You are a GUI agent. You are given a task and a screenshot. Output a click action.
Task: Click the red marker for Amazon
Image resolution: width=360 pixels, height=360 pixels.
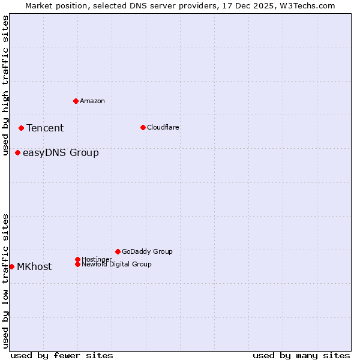(x=76, y=101)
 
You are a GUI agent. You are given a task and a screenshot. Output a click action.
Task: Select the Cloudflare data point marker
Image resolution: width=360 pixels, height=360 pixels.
(x=143, y=127)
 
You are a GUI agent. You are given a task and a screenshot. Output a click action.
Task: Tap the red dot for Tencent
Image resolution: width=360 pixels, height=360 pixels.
(x=21, y=128)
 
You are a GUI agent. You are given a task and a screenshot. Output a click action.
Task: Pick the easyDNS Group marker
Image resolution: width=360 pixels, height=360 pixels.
(x=18, y=152)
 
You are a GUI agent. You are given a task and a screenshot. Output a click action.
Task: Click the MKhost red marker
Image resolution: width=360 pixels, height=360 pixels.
(x=11, y=266)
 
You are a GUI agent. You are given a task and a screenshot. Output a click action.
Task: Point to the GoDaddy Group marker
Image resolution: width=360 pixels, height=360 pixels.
(x=118, y=251)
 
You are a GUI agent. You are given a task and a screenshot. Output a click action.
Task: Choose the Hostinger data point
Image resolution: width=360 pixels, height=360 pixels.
(x=77, y=259)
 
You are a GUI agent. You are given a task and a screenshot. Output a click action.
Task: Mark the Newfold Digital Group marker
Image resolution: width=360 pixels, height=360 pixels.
(x=77, y=264)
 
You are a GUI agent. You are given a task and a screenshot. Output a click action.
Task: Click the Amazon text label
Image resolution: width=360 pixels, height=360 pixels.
(x=92, y=101)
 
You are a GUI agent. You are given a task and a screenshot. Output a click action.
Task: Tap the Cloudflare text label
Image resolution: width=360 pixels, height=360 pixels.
(x=163, y=127)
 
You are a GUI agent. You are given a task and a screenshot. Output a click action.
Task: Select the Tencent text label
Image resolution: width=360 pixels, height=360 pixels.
(x=45, y=128)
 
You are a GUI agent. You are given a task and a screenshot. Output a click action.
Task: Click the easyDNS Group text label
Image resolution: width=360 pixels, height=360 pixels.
(x=61, y=152)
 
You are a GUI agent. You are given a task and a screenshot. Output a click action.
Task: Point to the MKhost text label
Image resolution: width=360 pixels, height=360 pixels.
(x=34, y=266)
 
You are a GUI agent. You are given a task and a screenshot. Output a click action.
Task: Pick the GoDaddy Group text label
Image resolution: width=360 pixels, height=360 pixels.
(x=147, y=251)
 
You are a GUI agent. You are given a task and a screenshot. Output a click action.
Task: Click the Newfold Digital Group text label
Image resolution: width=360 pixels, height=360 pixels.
(x=117, y=264)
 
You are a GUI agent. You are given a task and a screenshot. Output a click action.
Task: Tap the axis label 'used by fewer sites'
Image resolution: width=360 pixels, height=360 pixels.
(x=62, y=355)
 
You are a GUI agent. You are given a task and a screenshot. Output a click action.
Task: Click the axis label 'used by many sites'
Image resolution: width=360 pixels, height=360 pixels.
(x=301, y=355)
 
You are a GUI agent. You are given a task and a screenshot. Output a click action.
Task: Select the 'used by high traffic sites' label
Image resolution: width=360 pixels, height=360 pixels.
(x=5, y=85)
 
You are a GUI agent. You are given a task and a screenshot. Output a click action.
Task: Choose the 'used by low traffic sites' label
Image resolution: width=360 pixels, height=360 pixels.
(x=5, y=280)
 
